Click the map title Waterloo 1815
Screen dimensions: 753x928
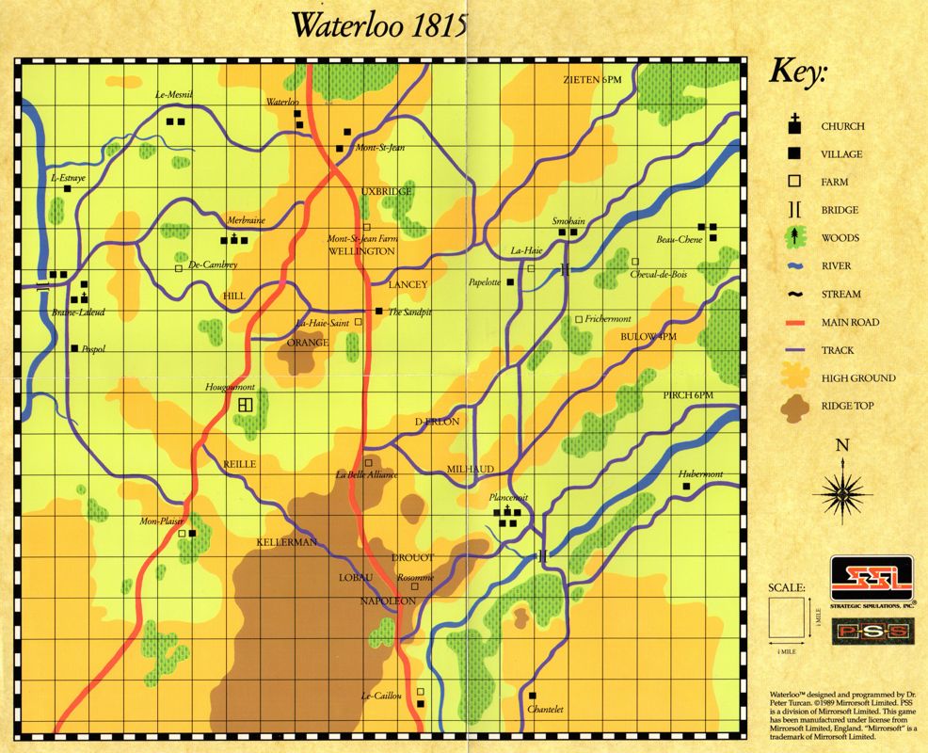click(x=379, y=25)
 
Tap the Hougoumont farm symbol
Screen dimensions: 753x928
click(x=245, y=405)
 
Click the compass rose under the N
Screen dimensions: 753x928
click(x=844, y=489)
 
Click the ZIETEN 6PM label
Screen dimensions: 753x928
click(x=593, y=79)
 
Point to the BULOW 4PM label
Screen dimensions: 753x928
click(x=648, y=336)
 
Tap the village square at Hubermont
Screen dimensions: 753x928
click(x=686, y=487)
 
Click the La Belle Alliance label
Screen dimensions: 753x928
click(x=367, y=474)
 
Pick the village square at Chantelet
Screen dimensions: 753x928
click(x=533, y=697)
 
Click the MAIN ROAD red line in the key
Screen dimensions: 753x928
click(x=794, y=322)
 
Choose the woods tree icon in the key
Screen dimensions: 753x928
click(x=794, y=237)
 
